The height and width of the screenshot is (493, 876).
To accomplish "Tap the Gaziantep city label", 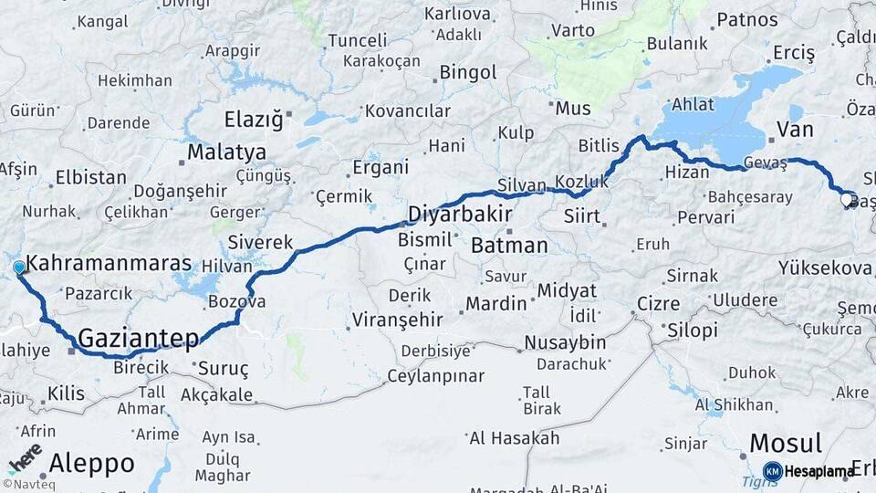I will (x=138, y=339).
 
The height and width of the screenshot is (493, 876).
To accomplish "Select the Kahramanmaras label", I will (x=109, y=264).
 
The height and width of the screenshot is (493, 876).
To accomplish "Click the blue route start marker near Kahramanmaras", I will (x=19, y=267).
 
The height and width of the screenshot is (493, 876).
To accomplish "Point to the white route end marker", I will (x=847, y=199).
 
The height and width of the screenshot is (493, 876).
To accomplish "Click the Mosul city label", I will (x=785, y=443).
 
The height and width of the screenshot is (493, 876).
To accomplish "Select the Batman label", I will (x=509, y=246).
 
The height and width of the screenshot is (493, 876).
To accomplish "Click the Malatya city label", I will (x=226, y=152).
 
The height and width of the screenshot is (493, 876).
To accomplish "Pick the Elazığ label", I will (x=255, y=119).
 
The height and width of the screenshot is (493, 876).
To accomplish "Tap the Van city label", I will (x=794, y=130).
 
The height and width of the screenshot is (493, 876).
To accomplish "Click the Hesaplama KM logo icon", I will (x=773, y=471).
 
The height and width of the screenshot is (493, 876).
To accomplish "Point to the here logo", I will (x=25, y=459).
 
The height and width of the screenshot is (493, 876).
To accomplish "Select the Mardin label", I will (x=495, y=303).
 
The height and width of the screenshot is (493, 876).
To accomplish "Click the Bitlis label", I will (x=599, y=146).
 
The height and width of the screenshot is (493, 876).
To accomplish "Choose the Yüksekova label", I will (x=825, y=267).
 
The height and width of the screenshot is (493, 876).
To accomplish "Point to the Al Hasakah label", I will (x=514, y=438).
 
